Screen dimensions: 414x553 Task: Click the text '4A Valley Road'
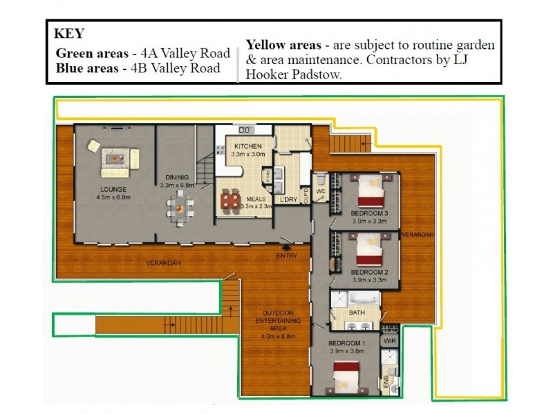pos(187,53)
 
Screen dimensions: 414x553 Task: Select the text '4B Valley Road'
pos(181,68)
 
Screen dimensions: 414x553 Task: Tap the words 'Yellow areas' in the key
pos(286,45)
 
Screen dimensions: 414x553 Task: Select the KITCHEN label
pos(247,147)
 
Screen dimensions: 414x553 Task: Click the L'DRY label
pos(288,201)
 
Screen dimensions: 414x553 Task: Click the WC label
pos(321,191)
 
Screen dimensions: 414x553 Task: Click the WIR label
pos(389,340)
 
